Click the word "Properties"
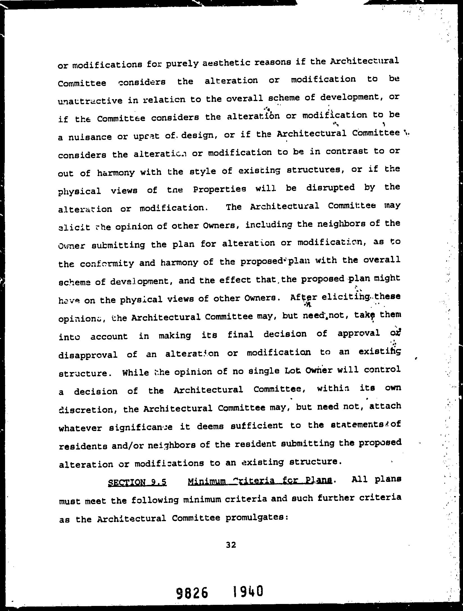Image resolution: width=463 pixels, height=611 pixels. click(x=219, y=189)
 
